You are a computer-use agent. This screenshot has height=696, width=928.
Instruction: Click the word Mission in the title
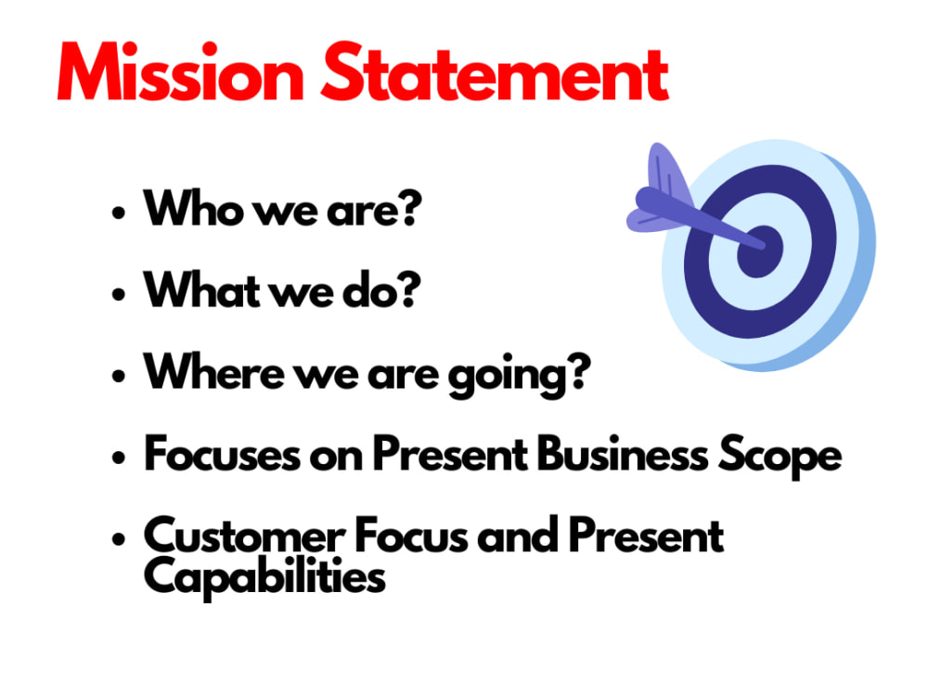(181, 71)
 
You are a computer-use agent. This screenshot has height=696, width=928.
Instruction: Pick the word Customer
(240, 535)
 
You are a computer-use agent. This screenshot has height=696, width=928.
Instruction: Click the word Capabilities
(264, 578)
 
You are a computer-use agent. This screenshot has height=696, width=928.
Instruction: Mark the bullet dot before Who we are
(118, 213)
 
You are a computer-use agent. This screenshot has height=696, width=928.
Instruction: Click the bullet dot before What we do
(118, 294)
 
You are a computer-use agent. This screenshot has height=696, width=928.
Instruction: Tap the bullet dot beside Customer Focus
(118, 538)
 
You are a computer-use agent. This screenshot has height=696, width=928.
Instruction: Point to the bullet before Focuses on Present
(118, 458)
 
